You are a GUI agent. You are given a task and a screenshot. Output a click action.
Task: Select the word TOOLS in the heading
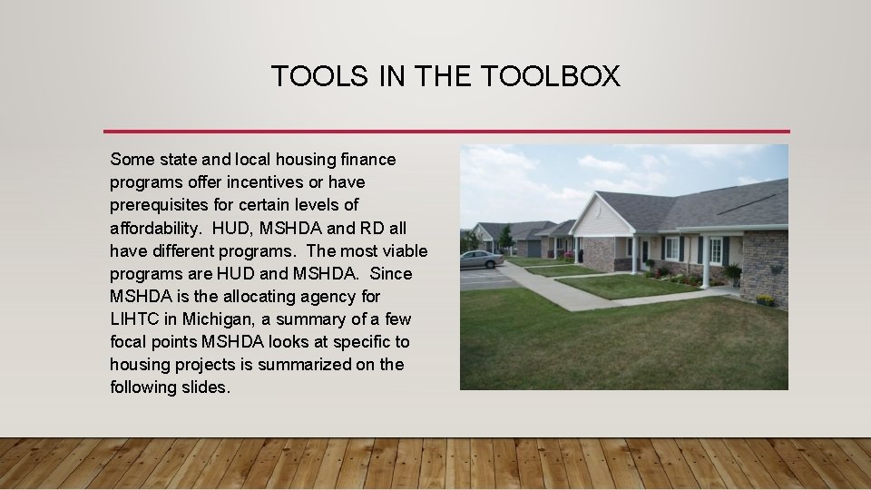click(x=320, y=76)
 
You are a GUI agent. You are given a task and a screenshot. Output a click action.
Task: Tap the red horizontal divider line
click(x=446, y=131)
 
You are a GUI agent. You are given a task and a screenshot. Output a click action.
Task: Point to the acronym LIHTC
click(x=133, y=319)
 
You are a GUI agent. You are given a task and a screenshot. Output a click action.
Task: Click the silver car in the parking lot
click(x=480, y=260)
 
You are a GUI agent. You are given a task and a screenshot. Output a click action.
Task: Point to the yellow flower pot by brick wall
click(x=765, y=300)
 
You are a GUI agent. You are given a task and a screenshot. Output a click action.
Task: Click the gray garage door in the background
click(x=534, y=249)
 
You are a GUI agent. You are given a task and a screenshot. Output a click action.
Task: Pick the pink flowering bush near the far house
click(x=568, y=257)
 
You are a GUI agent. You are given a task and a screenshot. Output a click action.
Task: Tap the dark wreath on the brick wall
click(x=775, y=269)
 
